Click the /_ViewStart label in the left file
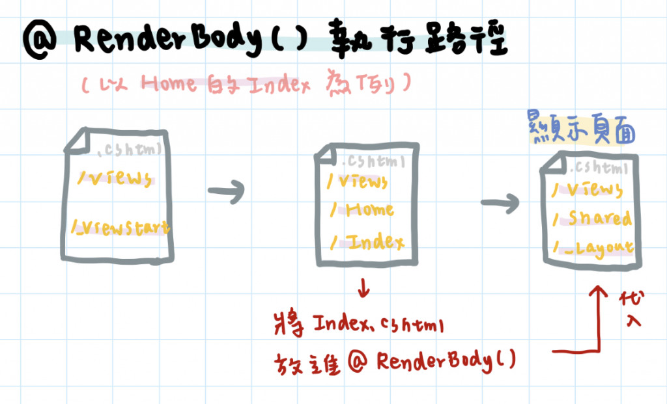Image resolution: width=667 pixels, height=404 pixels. point(122,228)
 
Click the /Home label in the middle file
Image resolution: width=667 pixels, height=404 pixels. point(362,209)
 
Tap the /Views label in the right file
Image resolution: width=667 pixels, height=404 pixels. point(588,189)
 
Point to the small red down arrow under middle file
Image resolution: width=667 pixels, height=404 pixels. point(363,288)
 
